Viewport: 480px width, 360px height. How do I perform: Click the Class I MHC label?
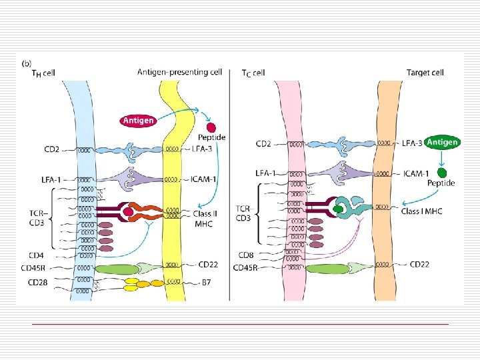coord(423,211)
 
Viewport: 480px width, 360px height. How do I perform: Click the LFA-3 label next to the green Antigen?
coord(412,143)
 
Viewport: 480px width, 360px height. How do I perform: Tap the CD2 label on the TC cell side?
coord(264,143)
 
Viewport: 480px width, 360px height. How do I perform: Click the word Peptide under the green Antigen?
coord(441,183)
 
